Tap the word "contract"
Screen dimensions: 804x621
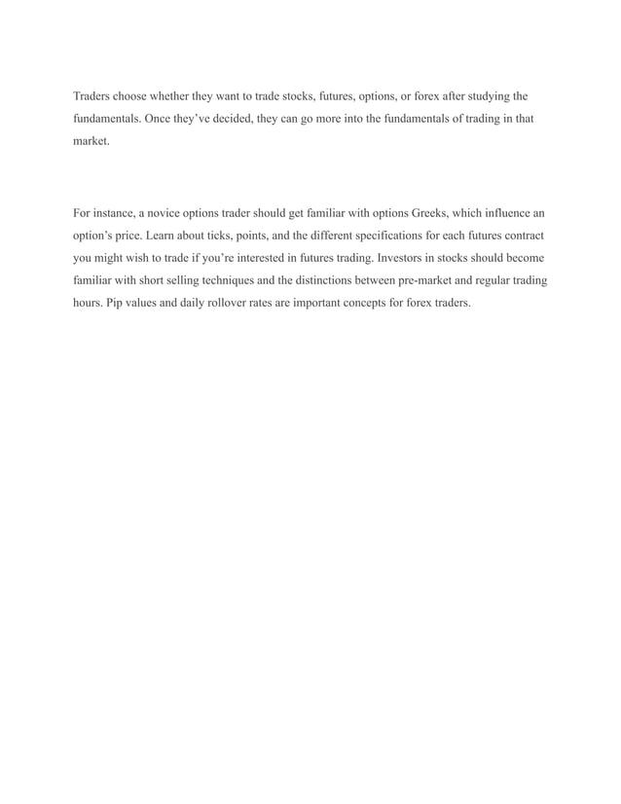tap(520, 236)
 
